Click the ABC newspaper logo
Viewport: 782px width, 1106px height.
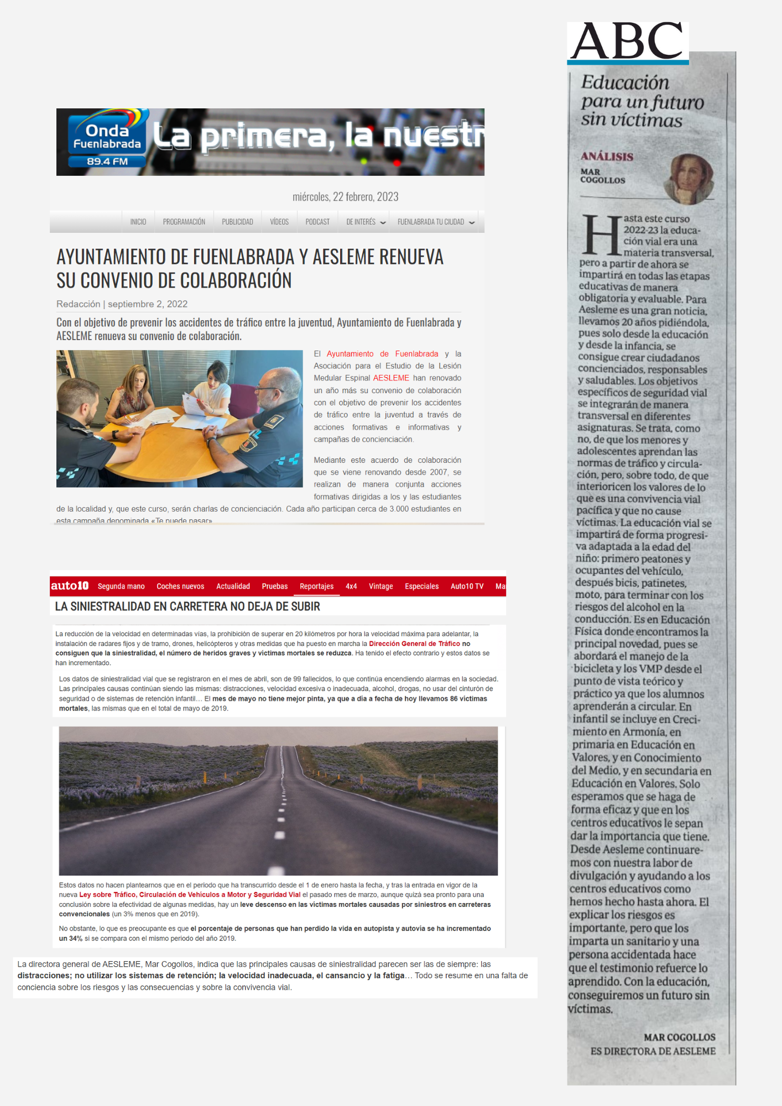628,41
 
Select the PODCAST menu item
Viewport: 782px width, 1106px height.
317,222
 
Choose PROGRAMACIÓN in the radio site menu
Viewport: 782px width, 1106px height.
184,222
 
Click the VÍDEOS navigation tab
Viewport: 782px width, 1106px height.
279,222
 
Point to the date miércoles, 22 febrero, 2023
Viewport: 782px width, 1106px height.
345,197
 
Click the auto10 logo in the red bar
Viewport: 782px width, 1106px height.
70,586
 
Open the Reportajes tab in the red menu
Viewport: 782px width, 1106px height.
316,586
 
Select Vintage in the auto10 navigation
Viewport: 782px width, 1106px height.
380,586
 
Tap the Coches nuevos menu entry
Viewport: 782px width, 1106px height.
180,586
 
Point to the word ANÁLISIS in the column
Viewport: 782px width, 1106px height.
607,156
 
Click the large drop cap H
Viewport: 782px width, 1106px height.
602,234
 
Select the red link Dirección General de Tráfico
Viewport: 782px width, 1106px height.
414,644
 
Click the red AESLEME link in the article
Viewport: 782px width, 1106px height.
391,378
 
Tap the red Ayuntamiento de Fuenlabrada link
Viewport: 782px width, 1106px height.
382,354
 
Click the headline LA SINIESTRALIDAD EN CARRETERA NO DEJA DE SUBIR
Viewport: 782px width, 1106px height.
187,607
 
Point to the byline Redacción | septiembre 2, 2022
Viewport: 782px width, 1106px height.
122,304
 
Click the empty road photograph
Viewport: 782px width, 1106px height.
278,801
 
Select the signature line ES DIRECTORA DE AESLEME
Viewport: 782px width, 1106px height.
653,1051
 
